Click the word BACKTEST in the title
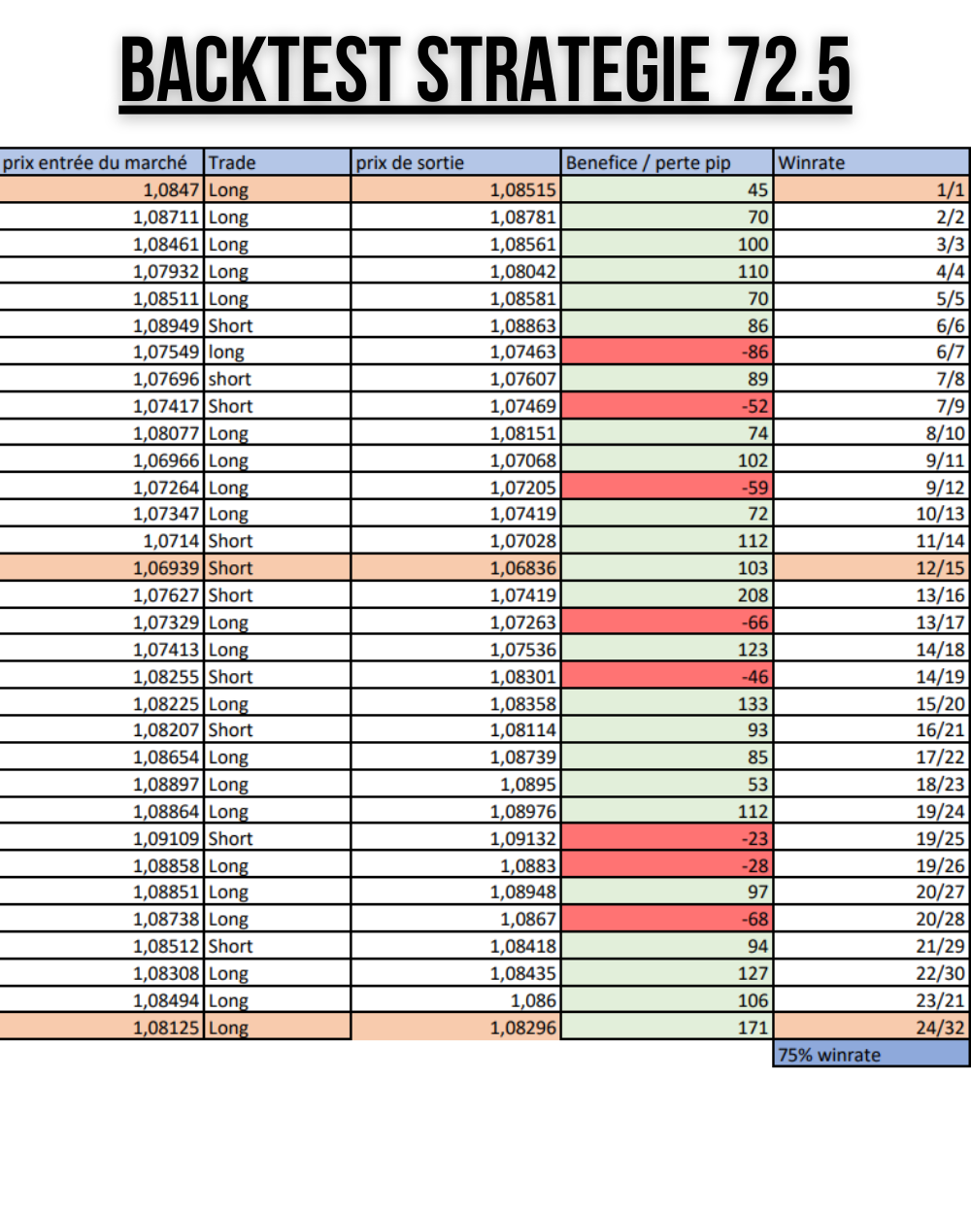(259, 70)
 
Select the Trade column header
(232, 162)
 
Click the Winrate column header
(812, 162)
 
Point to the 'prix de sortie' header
(410, 162)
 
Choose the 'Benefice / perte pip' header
(648, 162)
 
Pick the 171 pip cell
(753, 1028)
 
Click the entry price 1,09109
(166, 838)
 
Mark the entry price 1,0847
(171, 190)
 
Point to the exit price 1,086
(533, 1000)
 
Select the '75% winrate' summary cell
(829, 1055)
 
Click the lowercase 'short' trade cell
(229, 379)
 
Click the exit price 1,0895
(528, 785)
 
